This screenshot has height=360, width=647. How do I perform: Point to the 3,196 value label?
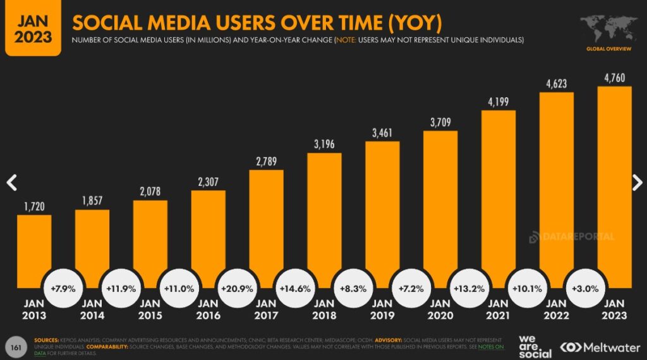[325, 145]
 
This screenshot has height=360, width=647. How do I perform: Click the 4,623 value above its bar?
[556, 84]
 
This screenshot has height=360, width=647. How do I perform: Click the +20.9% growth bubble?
[238, 289]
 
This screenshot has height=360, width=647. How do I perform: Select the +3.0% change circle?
[586, 289]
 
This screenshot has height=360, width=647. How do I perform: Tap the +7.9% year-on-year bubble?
[63, 289]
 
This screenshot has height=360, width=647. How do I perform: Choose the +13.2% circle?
[469, 289]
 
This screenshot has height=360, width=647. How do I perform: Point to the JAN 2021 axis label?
[499, 309]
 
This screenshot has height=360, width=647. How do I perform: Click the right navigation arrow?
[637, 183]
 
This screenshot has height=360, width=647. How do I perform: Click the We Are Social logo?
[535, 346]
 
